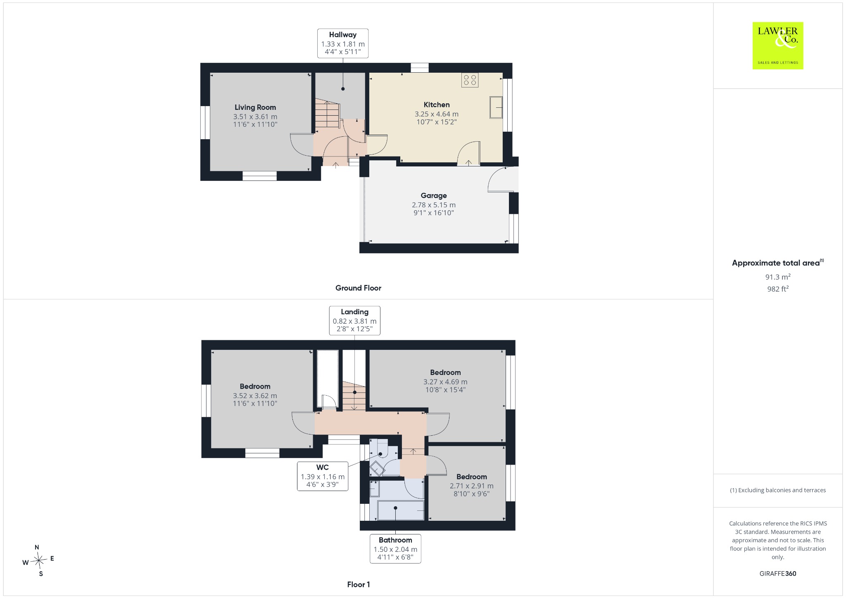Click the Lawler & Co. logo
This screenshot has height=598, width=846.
point(777,45)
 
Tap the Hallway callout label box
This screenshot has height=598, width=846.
point(342,43)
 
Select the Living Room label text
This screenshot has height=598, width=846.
point(255,107)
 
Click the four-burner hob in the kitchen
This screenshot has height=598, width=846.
point(470,80)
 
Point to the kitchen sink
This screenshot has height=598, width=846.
point(496,107)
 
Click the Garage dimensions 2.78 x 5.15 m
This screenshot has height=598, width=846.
point(434,205)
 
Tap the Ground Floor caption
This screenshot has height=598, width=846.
point(358,288)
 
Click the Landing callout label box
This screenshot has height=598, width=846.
point(354,320)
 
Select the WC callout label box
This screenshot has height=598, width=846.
point(323,476)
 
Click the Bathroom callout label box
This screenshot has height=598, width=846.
point(395,548)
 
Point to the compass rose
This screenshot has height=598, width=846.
point(38,560)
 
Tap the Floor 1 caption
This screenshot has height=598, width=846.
point(359,584)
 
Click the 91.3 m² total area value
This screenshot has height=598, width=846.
point(778,277)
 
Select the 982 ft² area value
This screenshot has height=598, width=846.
point(778,289)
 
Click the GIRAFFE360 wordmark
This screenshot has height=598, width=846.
point(778,573)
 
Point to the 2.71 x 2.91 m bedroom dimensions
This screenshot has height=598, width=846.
point(472,486)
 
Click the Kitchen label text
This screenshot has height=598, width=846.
point(437,105)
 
